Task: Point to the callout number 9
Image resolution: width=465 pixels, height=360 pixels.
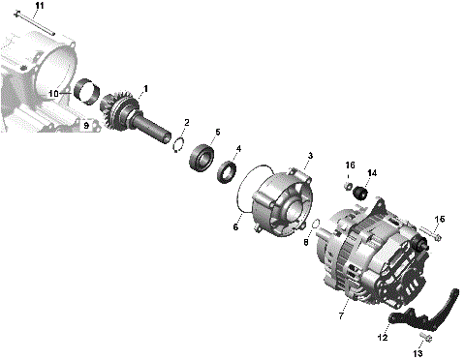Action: coord(85,126)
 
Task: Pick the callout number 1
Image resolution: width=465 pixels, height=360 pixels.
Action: coord(145,89)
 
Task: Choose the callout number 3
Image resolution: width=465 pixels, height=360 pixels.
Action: coord(309,155)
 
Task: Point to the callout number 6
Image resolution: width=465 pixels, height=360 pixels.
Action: coord(234,227)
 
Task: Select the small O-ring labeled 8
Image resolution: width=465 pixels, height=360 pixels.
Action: coord(315,228)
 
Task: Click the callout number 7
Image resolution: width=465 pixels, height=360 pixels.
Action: coord(340,315)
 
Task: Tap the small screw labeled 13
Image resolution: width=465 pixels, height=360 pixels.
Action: coord(423,339)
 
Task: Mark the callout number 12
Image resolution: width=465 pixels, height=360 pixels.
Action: coord(382,338)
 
